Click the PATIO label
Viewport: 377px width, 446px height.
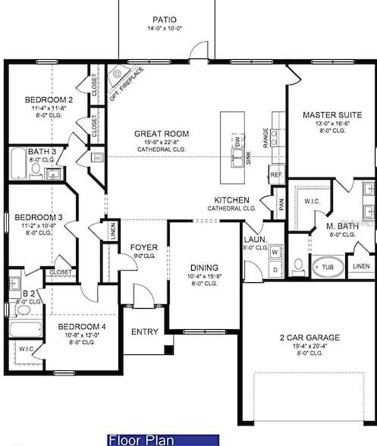(165, 19)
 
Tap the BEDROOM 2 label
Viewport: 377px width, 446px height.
(49, 99)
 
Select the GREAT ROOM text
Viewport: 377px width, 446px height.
(162, 133)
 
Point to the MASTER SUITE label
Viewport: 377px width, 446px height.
(331, 115)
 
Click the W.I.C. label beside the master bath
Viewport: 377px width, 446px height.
(310, 202)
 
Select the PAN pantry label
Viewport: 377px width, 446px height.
(281, 205)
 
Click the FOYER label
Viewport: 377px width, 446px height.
(143, 247)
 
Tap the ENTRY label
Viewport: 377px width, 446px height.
(145, 331)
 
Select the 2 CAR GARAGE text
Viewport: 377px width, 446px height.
(309, 338)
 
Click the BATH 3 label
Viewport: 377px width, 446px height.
(31, 152)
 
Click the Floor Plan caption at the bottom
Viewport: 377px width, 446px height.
(141, 440)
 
